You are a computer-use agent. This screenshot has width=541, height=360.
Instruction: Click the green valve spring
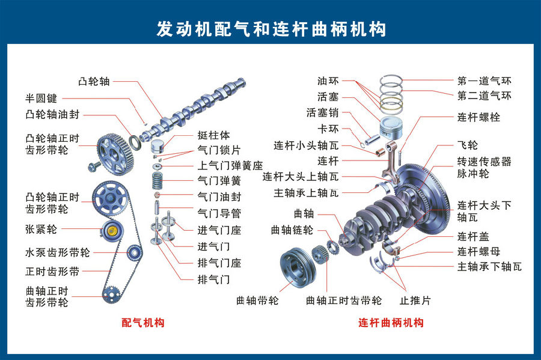tap(157, 179)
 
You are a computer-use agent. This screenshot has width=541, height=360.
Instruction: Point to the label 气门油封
tap(219, 196)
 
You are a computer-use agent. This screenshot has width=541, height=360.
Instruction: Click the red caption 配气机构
tap(143, 323)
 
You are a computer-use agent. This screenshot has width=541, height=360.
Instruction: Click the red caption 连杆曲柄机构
tap(391, 323)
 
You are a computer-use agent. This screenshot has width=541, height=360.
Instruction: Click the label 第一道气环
tap(484, 81)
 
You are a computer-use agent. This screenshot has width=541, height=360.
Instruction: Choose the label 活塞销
tap(322, 112)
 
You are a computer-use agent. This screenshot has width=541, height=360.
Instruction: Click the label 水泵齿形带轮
tap(58, 252)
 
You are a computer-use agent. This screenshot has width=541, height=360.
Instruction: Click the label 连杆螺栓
tap(478, 117)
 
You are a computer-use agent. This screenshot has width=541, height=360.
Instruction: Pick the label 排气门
tap(213, 279)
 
